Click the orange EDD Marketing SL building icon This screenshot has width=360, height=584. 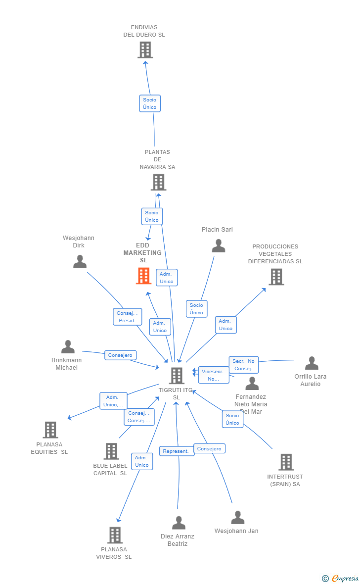coord(143,276)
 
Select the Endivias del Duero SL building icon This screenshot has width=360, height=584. coord(145,50)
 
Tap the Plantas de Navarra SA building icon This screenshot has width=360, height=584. coord(158,182)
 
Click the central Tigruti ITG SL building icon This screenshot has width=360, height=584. coord(177,376)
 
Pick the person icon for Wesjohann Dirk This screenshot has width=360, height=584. coord(80,262)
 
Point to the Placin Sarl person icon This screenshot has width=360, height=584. coord(218,246)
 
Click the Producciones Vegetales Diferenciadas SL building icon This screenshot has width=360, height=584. coord(276,277)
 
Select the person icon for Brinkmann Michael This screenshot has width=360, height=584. coord(68,347)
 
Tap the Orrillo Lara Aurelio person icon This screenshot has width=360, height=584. coord(312,363)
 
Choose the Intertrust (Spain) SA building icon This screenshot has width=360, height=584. coord(286,462)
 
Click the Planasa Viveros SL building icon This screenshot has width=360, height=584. coord(115,535)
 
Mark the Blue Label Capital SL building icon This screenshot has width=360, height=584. coord(111,451)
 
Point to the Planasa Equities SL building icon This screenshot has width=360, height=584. coord(50,430)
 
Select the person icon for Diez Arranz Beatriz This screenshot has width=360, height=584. coord(179,523)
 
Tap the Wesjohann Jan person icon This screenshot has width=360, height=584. coord(238,518)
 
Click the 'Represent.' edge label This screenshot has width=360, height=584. coord(177,451)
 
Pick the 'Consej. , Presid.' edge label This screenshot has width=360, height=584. coord(127,317)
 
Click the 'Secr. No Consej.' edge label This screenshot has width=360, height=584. coord(243,365)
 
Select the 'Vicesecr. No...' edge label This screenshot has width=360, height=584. coord(214,375)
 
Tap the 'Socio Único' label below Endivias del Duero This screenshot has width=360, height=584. coord(149,103)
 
